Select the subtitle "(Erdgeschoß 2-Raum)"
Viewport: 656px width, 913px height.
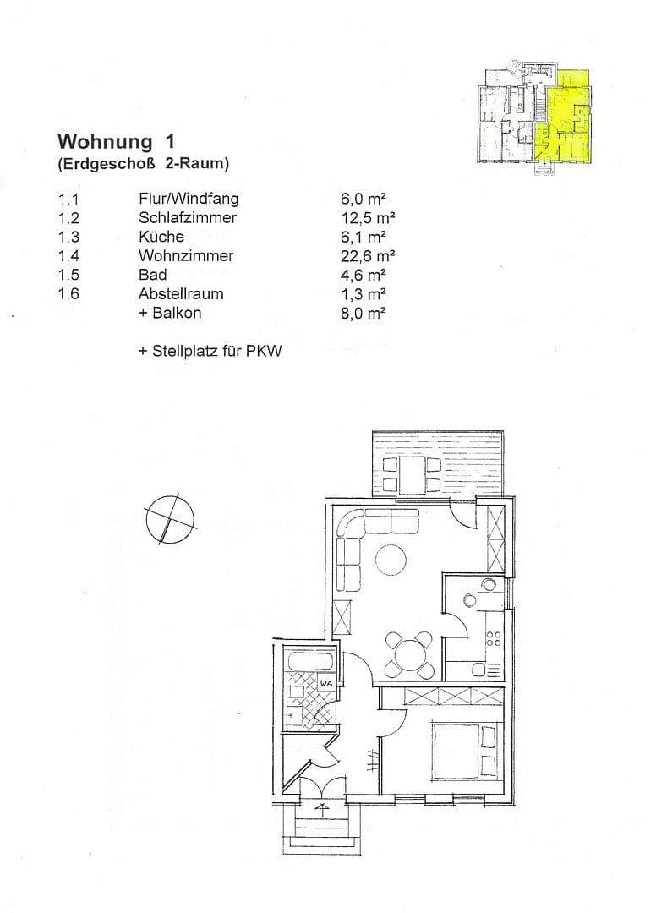(143, 163)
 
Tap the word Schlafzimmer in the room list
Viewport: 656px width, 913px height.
(188, 218)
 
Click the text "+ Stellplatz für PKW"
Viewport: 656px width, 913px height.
(210, 350)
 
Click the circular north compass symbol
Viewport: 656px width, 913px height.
(169, 517)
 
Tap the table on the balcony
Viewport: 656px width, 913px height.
(412, 474)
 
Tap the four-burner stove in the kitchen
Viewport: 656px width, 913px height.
(494, 642)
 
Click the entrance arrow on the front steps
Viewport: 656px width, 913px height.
(322, 808)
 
